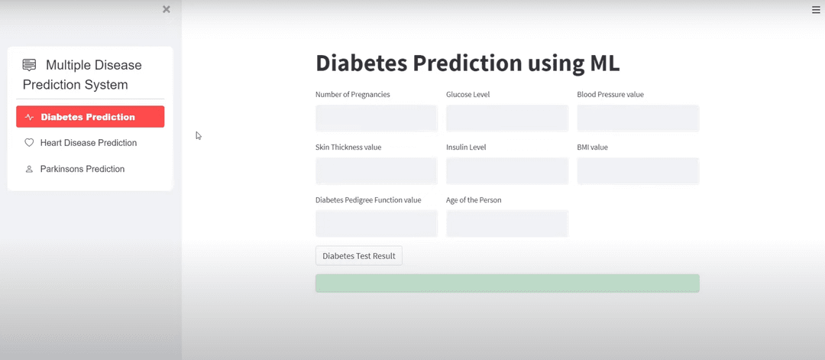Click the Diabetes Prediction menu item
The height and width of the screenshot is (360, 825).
click(x=90, y=116)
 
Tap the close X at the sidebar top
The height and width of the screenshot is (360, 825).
click(x=167, y=9)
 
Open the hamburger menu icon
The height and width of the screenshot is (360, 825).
click(x=816, y=9)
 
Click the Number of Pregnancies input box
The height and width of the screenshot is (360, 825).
click(x=376, y=118)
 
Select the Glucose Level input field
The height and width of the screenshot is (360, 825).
click(x=507, y=118)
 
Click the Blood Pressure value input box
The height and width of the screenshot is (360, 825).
click(x=638, y=118)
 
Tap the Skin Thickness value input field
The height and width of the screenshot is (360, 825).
click(x=376, y=171)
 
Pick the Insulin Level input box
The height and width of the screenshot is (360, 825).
click(x=507, y=171)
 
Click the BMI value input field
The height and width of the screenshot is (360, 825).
click(x=638, y=171)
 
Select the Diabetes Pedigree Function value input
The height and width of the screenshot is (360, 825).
click(x=376, y=223)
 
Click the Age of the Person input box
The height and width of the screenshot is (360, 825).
click(x=507, y=223)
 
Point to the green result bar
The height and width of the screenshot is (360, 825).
click(x=507, y=283)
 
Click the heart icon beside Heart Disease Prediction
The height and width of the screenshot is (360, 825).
click(x=29, y=143)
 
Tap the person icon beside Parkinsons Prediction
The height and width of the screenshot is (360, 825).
click(x=29, y=169)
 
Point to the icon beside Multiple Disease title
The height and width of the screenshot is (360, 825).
click(x=30, y=65)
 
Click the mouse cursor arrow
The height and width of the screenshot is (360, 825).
click(x=199, y=135)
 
